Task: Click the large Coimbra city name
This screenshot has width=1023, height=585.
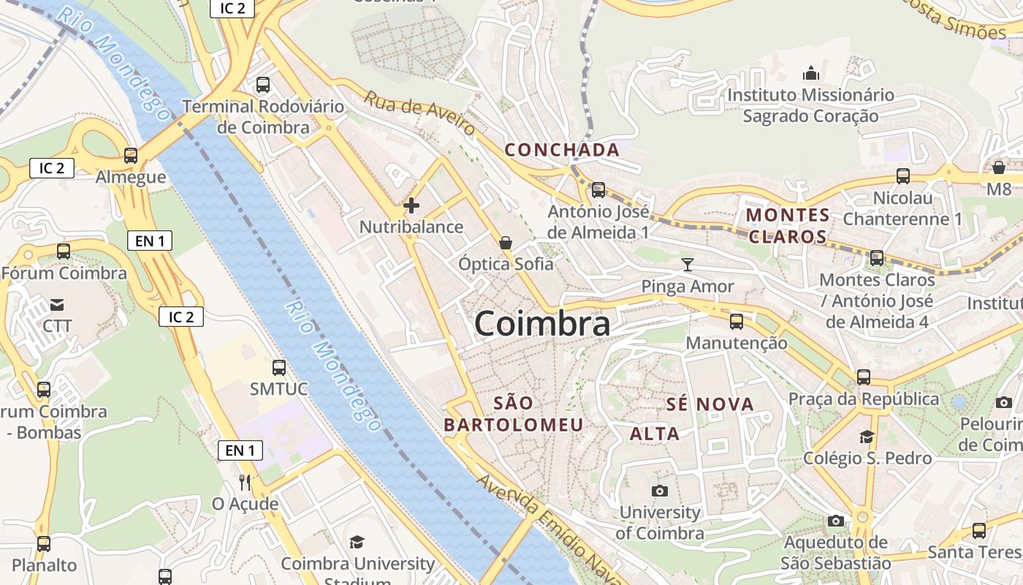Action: (542, 324)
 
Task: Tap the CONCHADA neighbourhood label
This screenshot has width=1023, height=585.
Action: (562, 150)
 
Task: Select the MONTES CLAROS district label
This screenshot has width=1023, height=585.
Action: (788, 226)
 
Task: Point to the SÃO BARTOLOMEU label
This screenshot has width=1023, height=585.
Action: (514, 414)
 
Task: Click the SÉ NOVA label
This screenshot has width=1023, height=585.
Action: (710, 404)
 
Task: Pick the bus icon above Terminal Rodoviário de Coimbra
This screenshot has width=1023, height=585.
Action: (263, 85)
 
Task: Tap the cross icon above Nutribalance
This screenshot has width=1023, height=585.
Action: (411, 205)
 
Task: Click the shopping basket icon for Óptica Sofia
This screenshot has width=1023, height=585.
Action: (506, 242)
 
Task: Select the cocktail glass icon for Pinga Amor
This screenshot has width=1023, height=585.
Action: (687, 265)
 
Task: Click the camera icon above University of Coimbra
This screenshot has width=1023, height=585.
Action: (660, 491)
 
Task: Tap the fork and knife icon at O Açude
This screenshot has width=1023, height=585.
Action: (245, 483)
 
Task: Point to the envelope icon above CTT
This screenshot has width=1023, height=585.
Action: (57, 304)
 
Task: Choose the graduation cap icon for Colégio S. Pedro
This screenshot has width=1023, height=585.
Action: (867, 437)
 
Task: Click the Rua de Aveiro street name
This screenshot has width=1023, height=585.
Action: (420, 113)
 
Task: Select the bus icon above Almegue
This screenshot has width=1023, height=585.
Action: (131, 156)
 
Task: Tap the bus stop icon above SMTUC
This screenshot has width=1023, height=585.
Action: (279, 367)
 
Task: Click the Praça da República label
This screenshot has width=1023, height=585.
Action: (863, 399)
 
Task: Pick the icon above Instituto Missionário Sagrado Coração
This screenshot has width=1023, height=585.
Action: (810, 73)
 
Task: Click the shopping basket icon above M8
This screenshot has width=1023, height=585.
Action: (999, 167)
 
